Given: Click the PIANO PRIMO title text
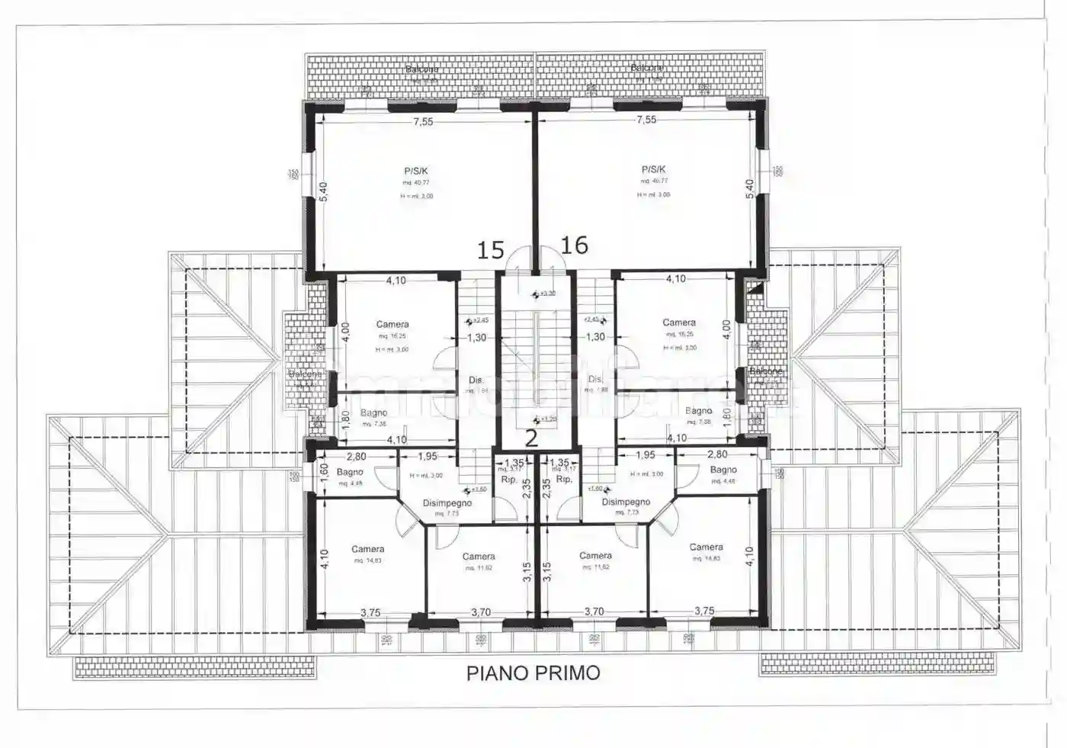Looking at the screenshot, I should tap(533, 673).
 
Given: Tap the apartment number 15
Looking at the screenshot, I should tap(491, 249).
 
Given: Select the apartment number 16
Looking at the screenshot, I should tap(575, 245).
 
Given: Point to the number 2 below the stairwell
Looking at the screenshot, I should tap(532, 437).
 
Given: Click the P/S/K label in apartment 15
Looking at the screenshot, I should tap(416, 171).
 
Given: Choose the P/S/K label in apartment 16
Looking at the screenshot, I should tap(653, 169).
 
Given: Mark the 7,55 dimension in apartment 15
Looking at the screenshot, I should tap(423, 121).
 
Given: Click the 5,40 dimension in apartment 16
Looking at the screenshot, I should tap(749, 189).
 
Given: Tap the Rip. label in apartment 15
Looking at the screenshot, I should tap(509, 480).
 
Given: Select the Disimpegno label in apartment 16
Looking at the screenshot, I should tap(626, 502).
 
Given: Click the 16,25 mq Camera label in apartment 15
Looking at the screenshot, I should tap(393, 325).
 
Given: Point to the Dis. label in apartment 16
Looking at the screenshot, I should tap(595, 379).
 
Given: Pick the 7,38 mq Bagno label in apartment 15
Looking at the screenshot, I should tap(373, 413).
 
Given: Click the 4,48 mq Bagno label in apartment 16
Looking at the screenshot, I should tap(723, 470).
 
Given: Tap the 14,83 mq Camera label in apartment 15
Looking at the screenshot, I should tap(367, 549).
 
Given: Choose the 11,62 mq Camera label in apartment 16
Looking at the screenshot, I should tap(595, 556).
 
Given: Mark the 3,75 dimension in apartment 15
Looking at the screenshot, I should tap(370, 612).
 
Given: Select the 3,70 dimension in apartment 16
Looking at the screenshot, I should tap(594, 612).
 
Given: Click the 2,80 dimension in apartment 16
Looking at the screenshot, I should tap(717, 455).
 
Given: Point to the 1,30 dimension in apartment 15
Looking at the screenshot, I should tap(476, 338).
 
